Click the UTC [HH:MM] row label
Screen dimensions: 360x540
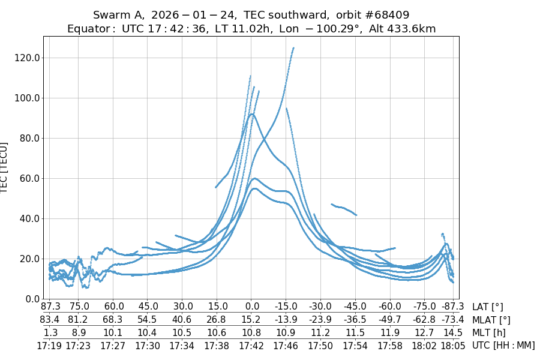click(x=503, y=346)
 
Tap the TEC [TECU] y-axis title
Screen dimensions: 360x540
click(x=5, y=168)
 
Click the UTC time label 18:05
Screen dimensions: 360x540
click(x=450, y=346)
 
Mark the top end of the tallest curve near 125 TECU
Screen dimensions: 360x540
click(x=293, y=48)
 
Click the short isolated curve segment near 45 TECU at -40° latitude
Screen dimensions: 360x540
click(x=343, y=208)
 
